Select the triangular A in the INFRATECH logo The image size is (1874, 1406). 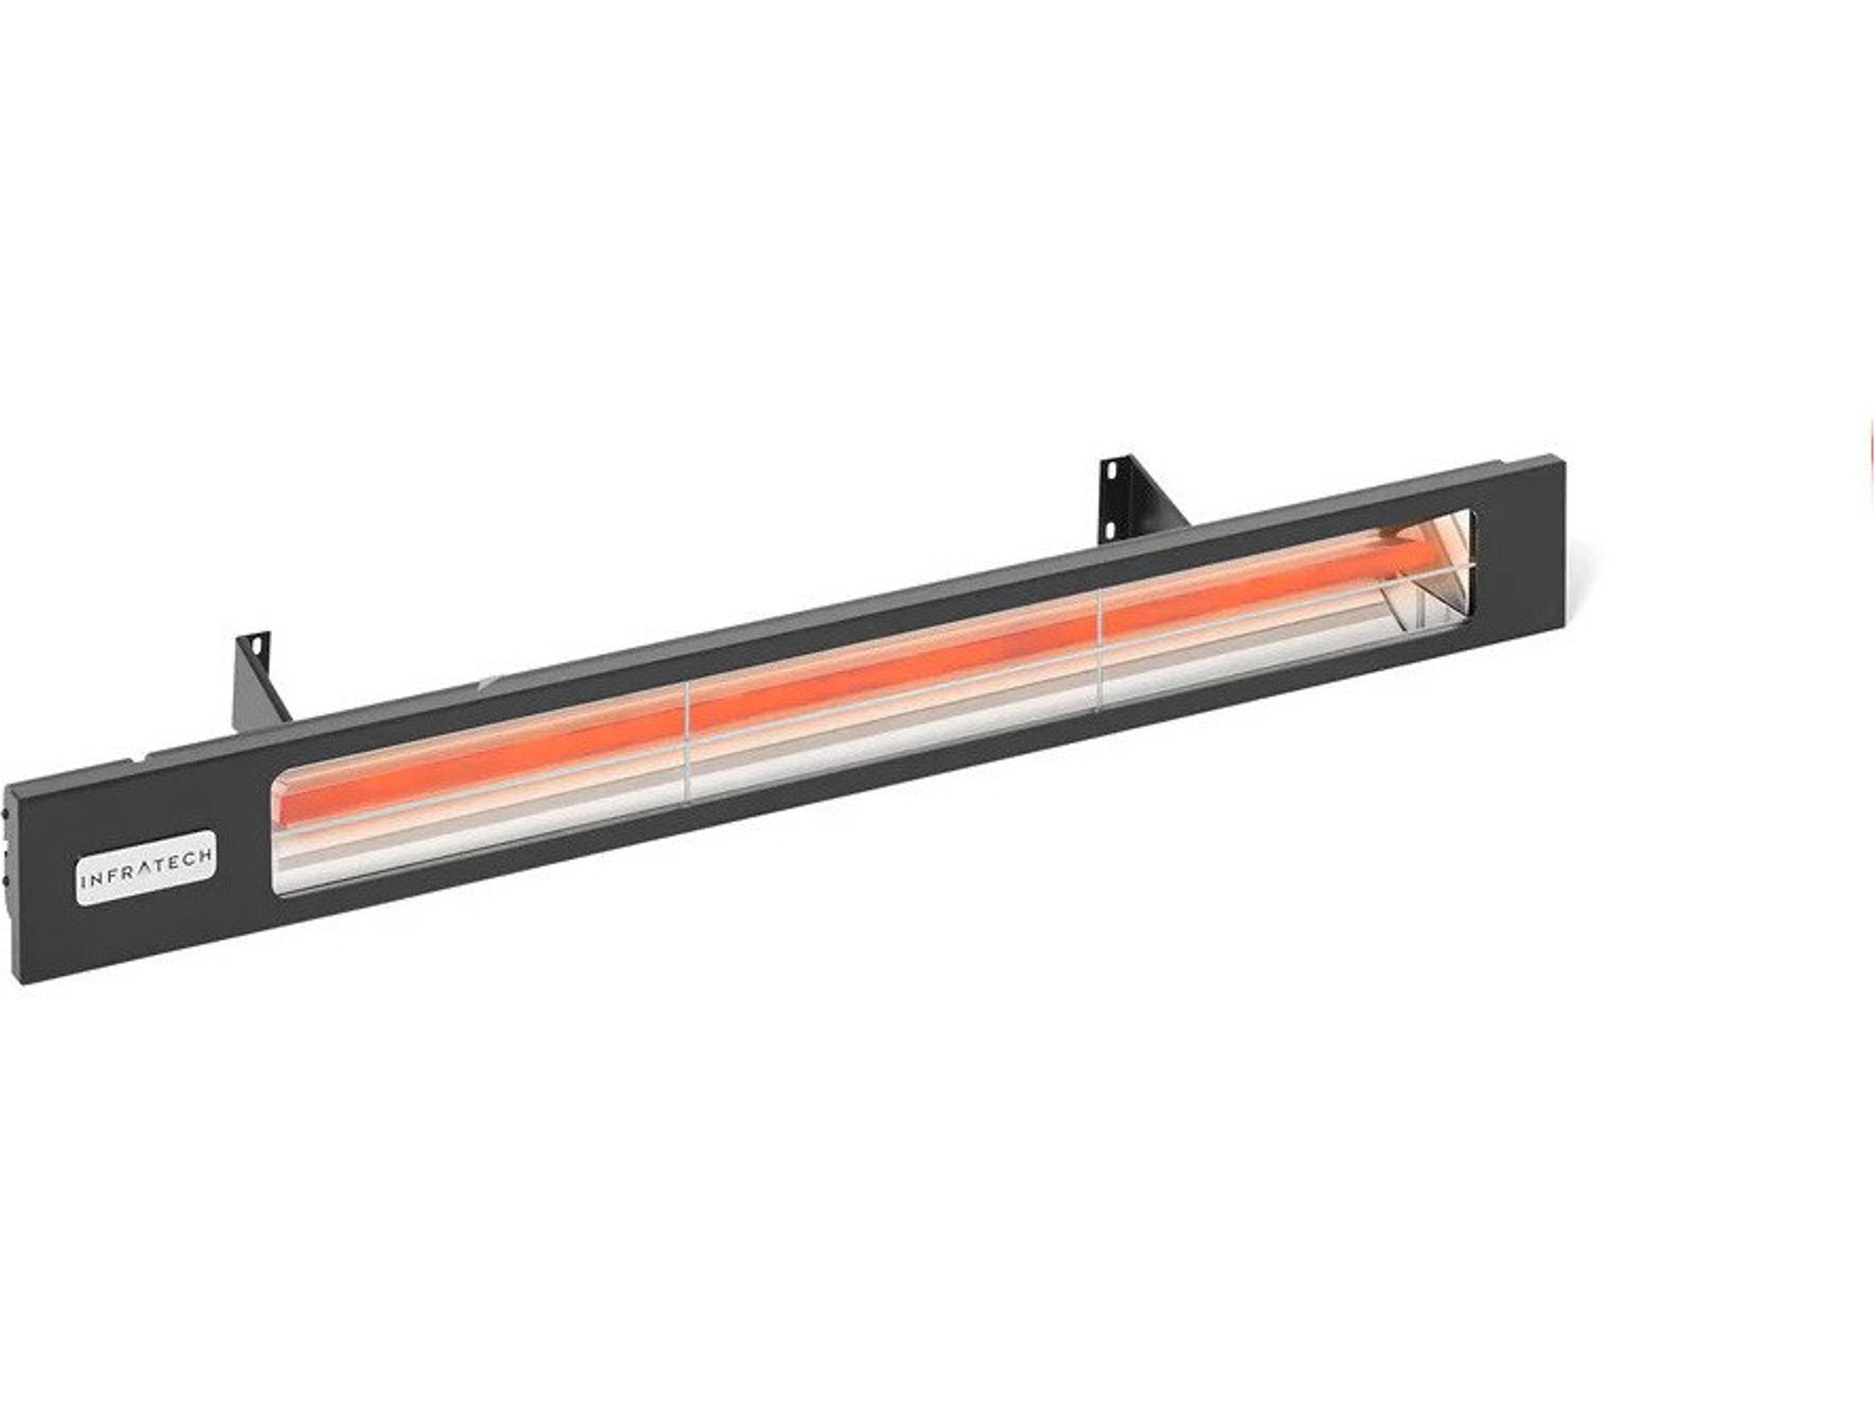pyautogui.click(x=144, y=868)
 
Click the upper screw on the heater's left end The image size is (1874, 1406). pyautogui.click(x=5, y=814)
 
